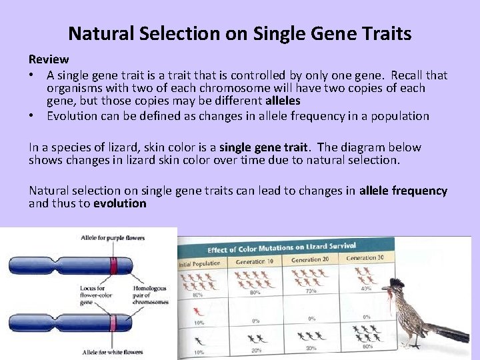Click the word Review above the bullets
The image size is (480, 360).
(49, 59)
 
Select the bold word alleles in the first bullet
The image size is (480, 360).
(283, 101)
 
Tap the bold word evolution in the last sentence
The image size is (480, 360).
(119, 203)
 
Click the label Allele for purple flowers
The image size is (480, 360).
(113, 237)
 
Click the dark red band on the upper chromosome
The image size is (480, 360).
(114, 266)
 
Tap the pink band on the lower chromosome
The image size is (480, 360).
(113, 325)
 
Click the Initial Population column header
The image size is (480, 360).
(200, 263)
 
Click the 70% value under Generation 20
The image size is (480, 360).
(311, 290)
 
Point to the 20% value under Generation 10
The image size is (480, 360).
(255, 350)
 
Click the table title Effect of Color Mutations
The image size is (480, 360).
(281, 248)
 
